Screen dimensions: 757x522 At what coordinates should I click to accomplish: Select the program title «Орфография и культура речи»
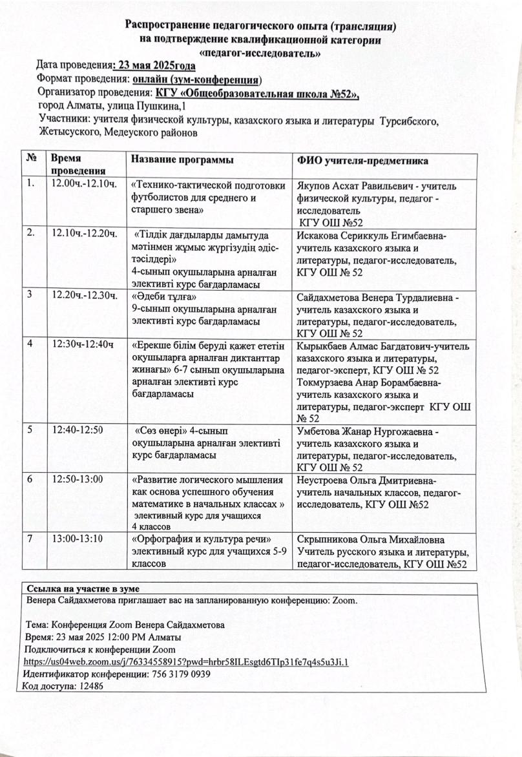click(201, 539)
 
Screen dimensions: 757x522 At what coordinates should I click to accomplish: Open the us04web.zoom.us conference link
click(185, 663)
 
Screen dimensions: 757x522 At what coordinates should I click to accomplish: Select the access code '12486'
click(89, 686)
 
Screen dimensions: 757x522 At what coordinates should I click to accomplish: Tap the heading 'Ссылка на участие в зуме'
click(83, 588)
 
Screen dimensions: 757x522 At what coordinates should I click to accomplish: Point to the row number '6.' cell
click(31, 480)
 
